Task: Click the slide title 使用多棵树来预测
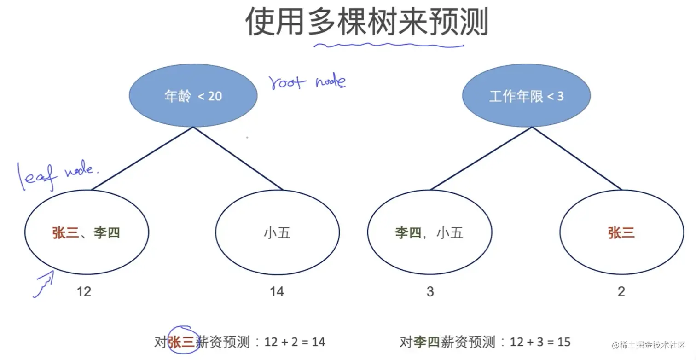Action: (366, 22)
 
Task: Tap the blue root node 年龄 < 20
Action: (193, 96)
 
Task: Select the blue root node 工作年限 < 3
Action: (526, 96)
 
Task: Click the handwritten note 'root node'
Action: (307, 82)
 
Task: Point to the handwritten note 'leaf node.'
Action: (58, 174)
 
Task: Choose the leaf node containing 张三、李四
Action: (87, 232)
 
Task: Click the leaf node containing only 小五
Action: (277, 232)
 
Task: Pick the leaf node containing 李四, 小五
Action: (429, 232)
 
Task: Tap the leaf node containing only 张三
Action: (621, 232)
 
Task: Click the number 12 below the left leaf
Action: (84, 291)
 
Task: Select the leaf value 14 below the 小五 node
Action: (277, 291)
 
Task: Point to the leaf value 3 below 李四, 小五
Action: (430, 291)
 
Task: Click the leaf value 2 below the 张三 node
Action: (621, 291)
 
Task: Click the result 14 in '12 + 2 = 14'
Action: (318, 342)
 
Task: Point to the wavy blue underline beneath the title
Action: (389, 45)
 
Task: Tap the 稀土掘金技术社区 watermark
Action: (650, 345)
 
